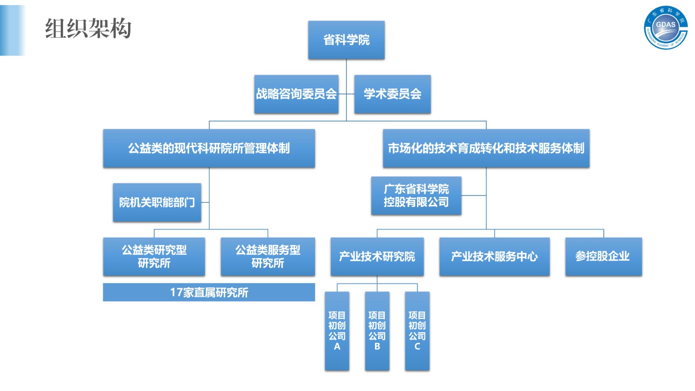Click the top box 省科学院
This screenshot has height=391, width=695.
point(346,40)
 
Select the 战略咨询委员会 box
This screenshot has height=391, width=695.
point(296,94)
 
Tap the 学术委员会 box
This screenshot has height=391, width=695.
point(392,94)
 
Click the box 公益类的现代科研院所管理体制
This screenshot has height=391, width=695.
point(209,148)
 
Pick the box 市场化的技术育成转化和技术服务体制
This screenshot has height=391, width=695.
point(486,148)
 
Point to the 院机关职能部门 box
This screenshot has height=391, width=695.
point(157,202)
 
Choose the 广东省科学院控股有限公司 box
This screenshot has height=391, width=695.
point(416,195)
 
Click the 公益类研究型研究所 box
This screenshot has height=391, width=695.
point(154,256)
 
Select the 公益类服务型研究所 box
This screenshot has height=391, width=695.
point(268,256)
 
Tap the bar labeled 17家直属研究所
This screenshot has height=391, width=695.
point(209,292)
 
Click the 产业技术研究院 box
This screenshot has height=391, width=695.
point(377,256)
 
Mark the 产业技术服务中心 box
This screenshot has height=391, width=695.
point(494,256)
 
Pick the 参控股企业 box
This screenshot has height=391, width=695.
point(603,256)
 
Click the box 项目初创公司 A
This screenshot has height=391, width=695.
point(337,331)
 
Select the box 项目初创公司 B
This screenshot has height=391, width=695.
point(377,331)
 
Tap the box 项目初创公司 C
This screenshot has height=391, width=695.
point(417,331)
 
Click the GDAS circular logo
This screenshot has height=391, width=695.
point(665,27)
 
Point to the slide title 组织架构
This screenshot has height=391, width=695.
point(88,29)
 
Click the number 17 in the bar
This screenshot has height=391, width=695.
point(176,292)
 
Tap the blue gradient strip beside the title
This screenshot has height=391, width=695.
point(13,30)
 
